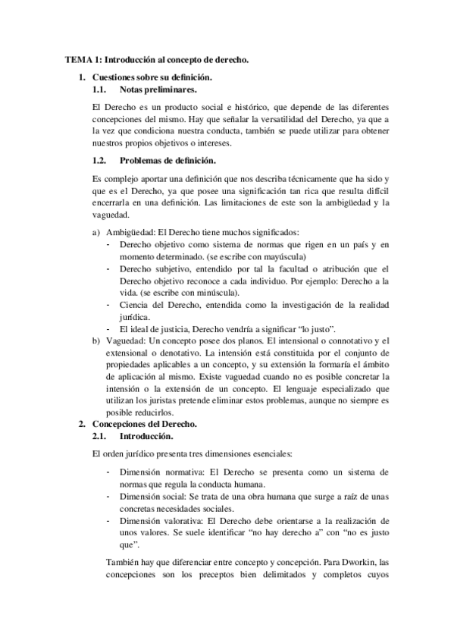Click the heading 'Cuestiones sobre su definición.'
click(152, 77)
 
